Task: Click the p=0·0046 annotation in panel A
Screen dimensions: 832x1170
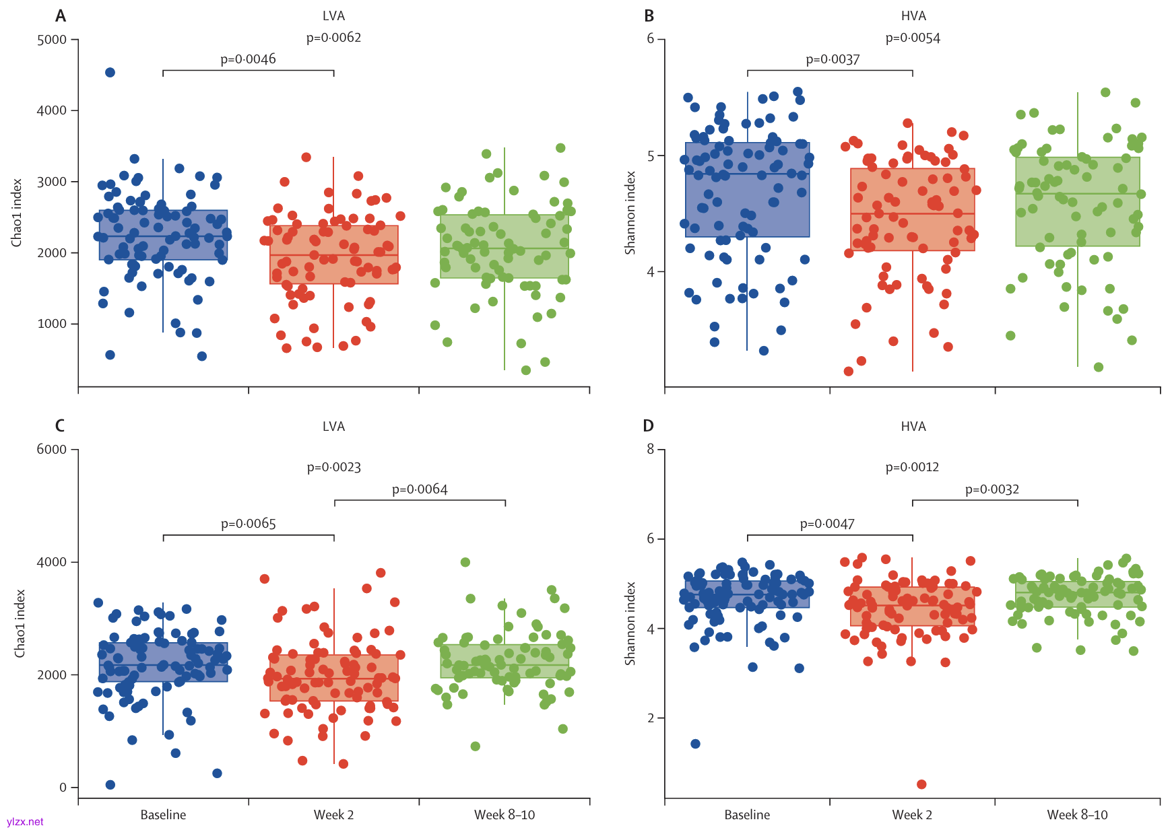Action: [248, 59]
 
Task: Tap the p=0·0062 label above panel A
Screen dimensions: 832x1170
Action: [333, 38]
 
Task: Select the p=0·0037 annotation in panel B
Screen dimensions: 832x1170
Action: [833, 59]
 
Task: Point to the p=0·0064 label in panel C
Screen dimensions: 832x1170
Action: [420, 489]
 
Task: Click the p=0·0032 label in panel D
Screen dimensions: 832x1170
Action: [992, 489]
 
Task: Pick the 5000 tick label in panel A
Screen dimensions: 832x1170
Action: [52, 40]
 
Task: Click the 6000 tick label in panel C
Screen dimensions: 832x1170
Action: [52, 450]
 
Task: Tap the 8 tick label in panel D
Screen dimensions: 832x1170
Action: [650, 449]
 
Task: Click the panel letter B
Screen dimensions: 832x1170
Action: [649, 16]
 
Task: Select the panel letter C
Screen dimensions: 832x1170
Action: [60, 426]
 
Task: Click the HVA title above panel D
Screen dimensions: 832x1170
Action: [913, 427]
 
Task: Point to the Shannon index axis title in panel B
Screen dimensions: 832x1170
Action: [630, 213]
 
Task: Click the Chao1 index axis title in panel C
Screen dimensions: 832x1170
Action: [20, 623]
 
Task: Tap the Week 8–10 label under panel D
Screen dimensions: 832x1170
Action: [1077, 814]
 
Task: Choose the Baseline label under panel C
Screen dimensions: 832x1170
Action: [163, 814]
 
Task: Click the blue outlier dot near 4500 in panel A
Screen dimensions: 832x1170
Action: [110, 73]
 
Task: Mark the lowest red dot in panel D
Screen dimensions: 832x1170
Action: [921, 784]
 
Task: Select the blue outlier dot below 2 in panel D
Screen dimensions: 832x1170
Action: [696, 744]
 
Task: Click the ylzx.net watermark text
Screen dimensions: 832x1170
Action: [25, 822]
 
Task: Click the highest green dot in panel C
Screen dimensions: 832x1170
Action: [465, 562]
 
